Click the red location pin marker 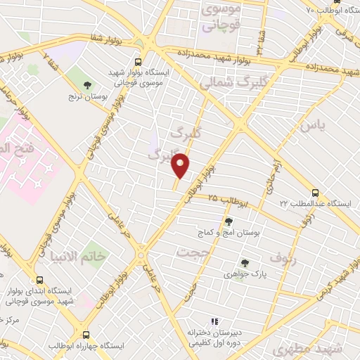[182, 165]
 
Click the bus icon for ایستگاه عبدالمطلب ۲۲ [314, 191]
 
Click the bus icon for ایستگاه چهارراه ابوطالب [86, 335]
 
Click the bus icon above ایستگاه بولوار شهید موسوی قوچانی [138, 61]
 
